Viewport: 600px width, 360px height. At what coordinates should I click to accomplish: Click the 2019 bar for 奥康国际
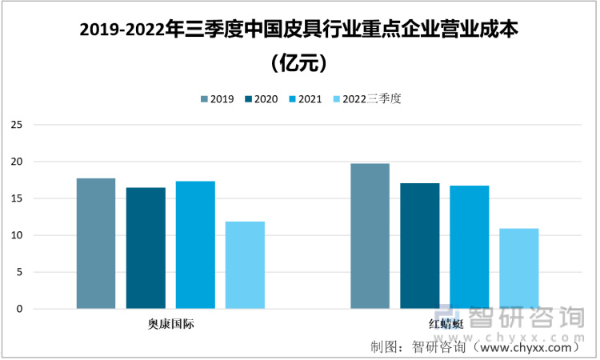pyautogui.click(x=96, y=243)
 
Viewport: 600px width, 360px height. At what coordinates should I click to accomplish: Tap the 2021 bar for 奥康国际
pyautogui.click(x=195, y=245)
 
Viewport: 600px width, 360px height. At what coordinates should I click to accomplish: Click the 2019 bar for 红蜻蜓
pyautogui.click(x=370, y=236)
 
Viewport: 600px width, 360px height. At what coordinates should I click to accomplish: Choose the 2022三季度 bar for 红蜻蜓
pyautogui.click(x=518, y=269)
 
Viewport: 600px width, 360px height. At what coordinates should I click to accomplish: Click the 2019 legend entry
pyautogui.click(x=217, y=99)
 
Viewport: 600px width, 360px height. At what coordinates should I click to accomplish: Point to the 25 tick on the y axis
pyautogui.click(x=16, y=125)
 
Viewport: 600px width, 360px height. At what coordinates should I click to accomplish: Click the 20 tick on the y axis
pyautogui.click(x=16, y=162)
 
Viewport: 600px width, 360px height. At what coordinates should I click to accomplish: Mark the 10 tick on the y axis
pyautogui.click(x=16, y=235)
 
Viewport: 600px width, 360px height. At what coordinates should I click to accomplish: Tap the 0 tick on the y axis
pyautogui.click(x=18, y=309)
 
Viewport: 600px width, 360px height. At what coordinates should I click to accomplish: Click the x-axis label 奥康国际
pyautogui.click(x=170, y=324)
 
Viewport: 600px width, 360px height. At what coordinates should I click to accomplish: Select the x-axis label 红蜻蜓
pyautogui.click(x=445, y=324)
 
